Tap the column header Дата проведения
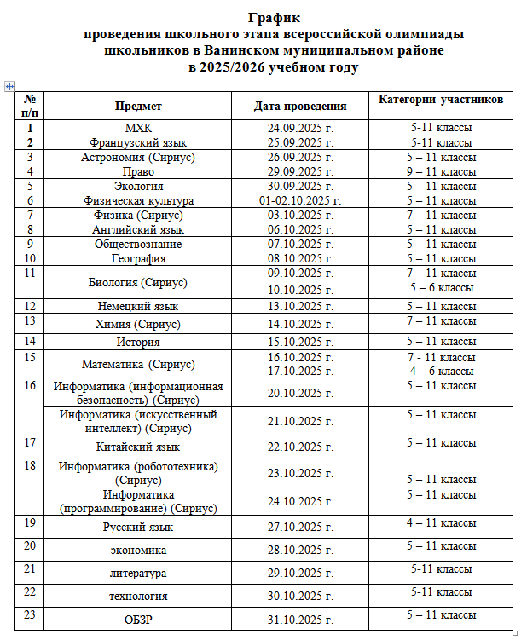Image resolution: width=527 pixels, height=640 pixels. (300, 107)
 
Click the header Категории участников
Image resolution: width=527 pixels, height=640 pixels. (441, 100)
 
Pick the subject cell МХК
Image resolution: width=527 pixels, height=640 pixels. (137, 128)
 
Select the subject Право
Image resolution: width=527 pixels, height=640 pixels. (137, 171)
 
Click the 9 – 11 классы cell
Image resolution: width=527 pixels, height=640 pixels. (441, 171)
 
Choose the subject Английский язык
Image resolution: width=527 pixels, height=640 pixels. (137, 229)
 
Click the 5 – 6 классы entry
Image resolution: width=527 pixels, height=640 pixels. (441, 288)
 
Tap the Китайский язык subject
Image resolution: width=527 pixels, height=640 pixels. (137, 447)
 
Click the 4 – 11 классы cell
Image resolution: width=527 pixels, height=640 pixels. (441, 522)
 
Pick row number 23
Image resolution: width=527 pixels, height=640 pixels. (30, 613)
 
